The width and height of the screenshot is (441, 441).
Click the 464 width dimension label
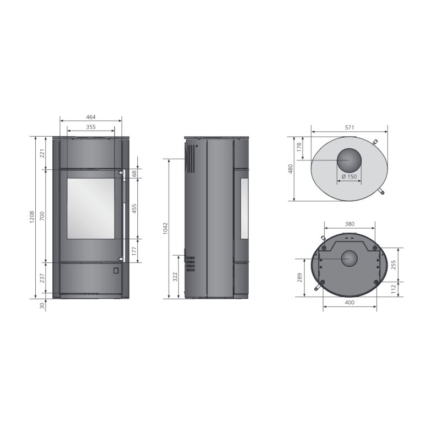(x=91, y=117)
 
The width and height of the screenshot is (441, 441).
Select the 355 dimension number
(x=91, y=127)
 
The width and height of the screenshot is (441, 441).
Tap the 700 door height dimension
(x=42, y=216)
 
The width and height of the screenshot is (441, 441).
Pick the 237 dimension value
(x=42, y=278)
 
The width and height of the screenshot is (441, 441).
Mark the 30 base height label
(x=42, y=306)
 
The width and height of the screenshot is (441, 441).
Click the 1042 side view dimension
(x=165, y=228)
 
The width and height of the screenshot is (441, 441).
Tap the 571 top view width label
(x=349, y=127)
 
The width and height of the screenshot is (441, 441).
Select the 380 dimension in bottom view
(x=349, y=224)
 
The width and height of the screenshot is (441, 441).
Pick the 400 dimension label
(x=349, y=303)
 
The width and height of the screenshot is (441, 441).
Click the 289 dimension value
(x=299, y=277)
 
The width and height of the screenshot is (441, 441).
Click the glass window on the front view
(x=91, y=208)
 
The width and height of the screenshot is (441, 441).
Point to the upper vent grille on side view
(x=190, y=159)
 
